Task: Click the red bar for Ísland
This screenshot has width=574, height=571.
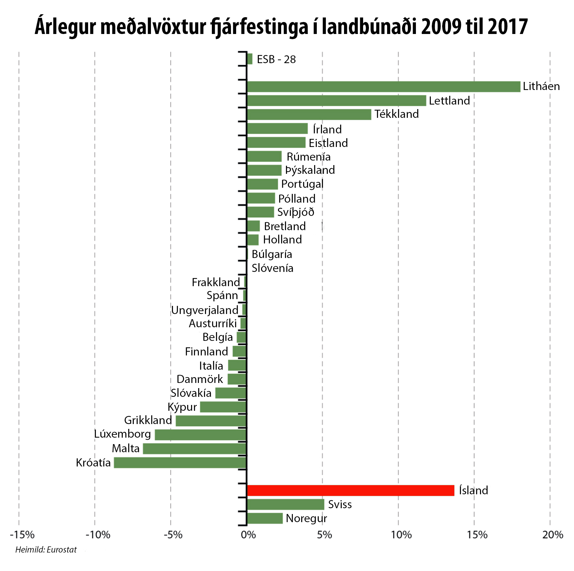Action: pos(350,490)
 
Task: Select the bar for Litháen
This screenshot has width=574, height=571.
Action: pos(384,87)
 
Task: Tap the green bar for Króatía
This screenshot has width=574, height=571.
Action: pos(180,463)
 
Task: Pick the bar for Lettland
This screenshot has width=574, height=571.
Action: pos(336,101)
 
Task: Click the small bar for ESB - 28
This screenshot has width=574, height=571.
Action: pos(249,59)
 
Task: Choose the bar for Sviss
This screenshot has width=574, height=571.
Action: pos(285,504)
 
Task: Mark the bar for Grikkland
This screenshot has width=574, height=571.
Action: pos(211,421)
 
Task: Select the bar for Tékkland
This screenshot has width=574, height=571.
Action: pos(309,115)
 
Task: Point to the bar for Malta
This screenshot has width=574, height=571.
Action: pos(195,449)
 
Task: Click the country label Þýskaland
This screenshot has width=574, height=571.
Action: pos(310,170)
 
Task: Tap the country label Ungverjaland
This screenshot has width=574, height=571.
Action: pos(205,310)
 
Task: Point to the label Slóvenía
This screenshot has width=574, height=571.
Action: pos(272,268)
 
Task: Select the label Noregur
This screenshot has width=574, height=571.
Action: pos(306,518)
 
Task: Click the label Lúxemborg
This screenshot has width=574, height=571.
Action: pos(122,434)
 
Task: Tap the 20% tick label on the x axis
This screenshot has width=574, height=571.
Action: pos(553,535)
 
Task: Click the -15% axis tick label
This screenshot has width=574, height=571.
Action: pos(22,535)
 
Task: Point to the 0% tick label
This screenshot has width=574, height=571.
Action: pos(248,535)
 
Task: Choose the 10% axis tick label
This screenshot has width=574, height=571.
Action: pos(401,535)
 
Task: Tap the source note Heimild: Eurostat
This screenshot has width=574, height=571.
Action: pos(46,550)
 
